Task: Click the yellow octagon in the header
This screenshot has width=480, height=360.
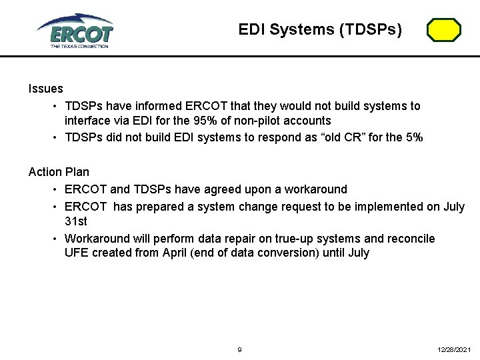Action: click(x=443, y=30)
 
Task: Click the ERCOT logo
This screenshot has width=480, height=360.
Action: click(x=75, y=31)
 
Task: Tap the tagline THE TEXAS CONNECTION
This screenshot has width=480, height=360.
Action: click(x=79, y=46)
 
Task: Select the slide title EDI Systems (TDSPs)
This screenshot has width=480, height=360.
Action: click(x=320, y=29)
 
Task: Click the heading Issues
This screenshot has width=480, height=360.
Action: click(x=46, y=89)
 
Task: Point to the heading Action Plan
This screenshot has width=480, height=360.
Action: click(x=59, y=172)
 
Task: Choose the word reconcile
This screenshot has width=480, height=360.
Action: click(x=411, y=238)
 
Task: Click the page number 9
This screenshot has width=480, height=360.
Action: click(x=240, y=349)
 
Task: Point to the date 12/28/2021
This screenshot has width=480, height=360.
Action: click(x=455, y=349)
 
